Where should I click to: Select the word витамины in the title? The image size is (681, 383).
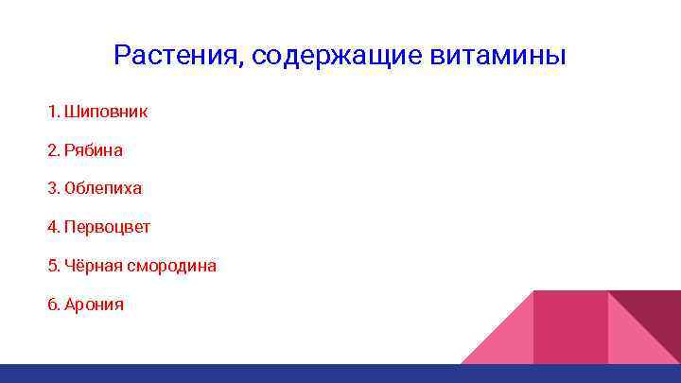(498, 56)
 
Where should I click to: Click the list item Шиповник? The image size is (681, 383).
(106, 112)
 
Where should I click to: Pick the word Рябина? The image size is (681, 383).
(94, 150)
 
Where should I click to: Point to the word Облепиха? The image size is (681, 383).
(103, 188)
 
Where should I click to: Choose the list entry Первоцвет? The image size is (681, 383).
(107, 227)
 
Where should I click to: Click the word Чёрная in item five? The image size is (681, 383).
(90, 266)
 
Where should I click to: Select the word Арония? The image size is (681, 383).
(94, 305)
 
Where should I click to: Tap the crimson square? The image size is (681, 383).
(570, 326)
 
